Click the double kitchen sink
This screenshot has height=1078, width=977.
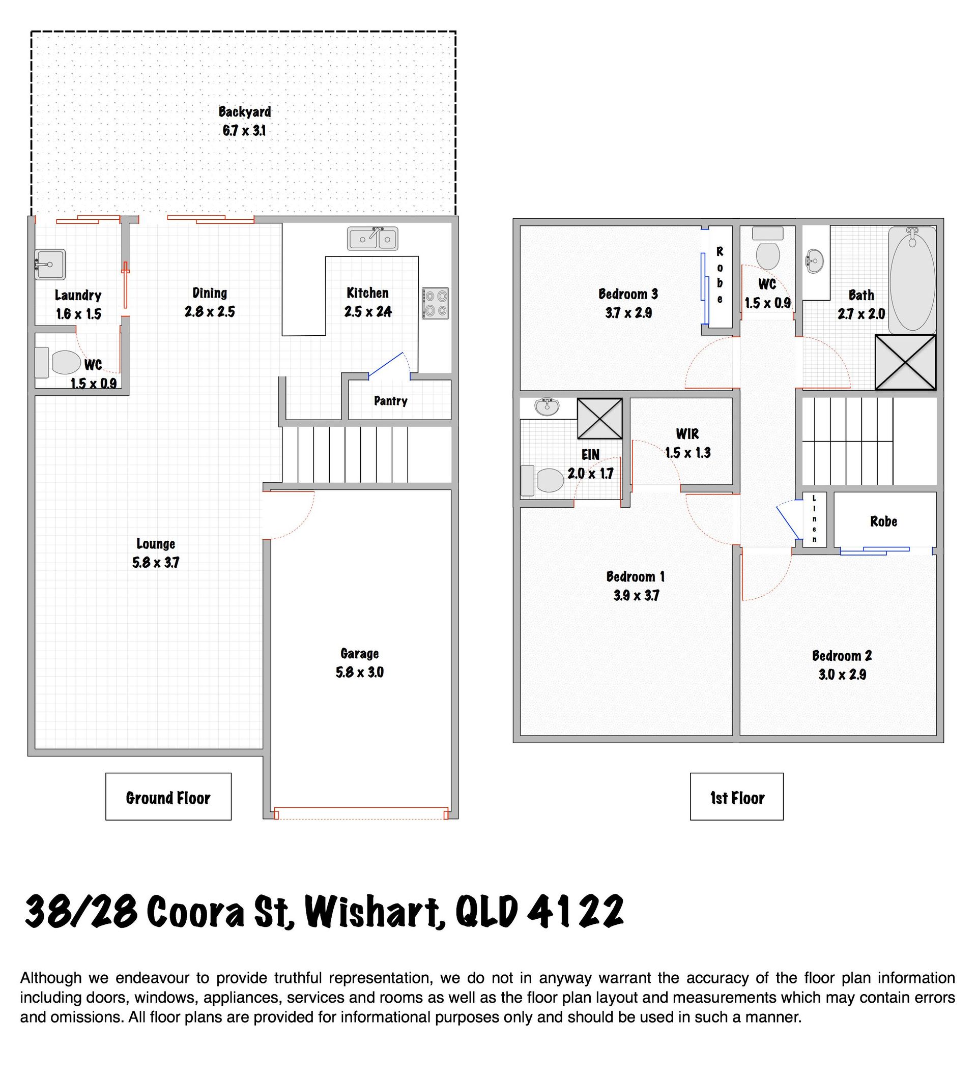coord(372,239)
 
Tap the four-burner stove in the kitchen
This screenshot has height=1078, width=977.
coord(435,304)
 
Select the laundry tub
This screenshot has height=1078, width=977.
coord(50,265)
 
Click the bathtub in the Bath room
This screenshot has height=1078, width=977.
coord(912,280)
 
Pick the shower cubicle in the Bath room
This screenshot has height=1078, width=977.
coord(905,362)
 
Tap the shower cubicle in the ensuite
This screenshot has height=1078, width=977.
coord(600,419)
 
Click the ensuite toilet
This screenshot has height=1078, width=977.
coord(542,480)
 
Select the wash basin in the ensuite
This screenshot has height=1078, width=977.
coord(547,406)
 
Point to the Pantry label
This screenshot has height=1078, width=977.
coord(390,401)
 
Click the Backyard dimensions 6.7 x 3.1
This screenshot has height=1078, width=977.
coord(244,130)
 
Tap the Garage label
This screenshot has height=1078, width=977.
coord(359,653)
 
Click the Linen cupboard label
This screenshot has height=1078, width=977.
coord(815,519)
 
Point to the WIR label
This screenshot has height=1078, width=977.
coord(687,433)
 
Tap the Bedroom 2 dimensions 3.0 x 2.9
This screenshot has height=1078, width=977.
coord(842,675)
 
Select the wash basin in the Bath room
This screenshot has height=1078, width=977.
coord(815,261)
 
